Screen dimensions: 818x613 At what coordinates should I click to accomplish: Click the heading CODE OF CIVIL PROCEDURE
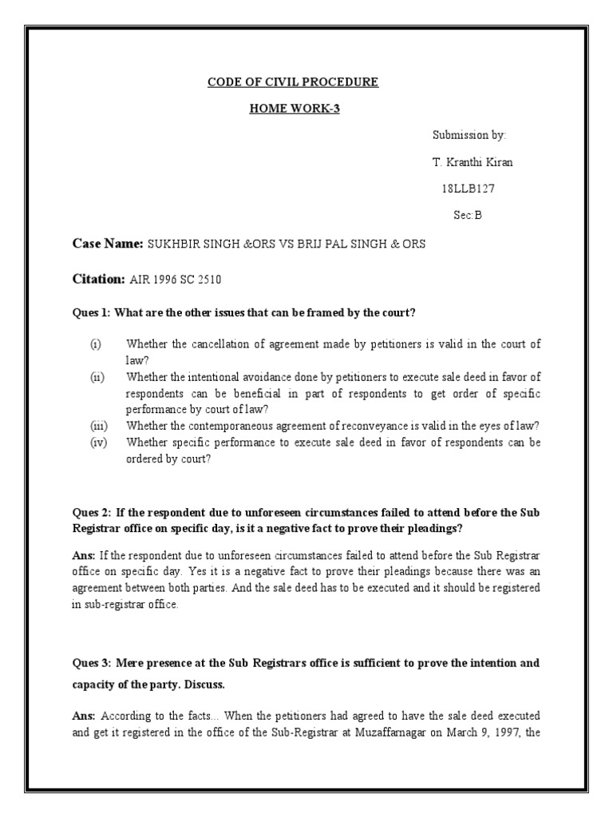293,81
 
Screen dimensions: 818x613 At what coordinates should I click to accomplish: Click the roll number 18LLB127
468,189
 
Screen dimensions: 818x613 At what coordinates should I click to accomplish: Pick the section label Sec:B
468,215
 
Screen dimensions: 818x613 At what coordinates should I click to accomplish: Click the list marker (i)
96,344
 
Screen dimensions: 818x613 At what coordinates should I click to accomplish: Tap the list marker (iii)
97,425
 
